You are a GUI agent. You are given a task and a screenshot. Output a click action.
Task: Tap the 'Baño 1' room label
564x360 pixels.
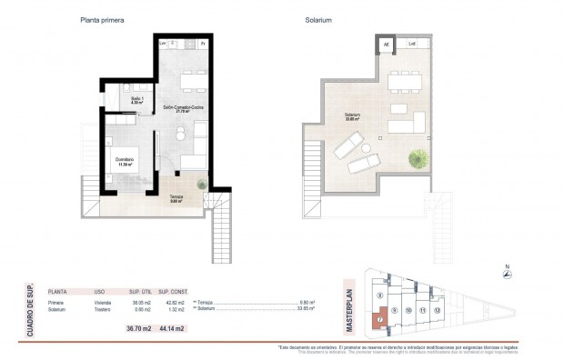point(137,99)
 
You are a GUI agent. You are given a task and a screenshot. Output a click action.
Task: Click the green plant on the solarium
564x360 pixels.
point(418,159)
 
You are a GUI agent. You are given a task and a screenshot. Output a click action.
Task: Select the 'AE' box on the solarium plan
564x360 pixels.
point(385,43)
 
